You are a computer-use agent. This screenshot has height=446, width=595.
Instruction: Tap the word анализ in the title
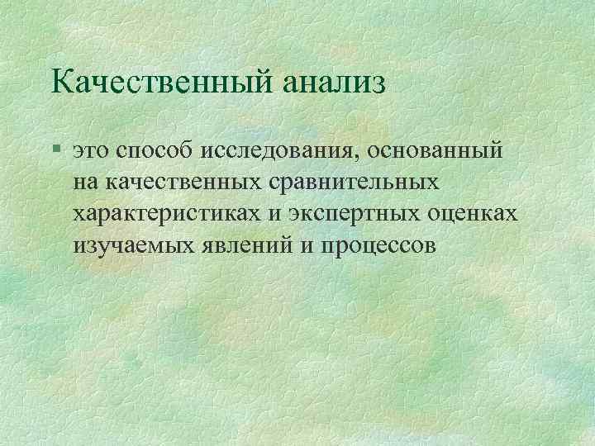click(x=335, y=83)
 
